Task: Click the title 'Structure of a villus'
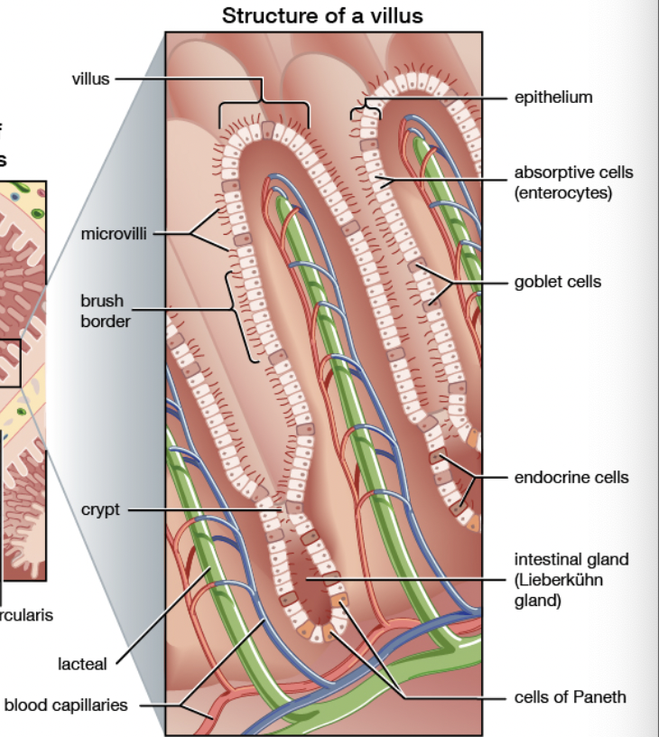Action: coord(322,15)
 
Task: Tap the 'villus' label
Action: coord(90,79)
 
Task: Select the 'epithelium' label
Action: coord(553,97)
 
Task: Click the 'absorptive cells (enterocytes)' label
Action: coord(573,182)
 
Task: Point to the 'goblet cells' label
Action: coord(557,282)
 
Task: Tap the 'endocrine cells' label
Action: coord(571,477)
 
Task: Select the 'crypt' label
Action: coord(100,509)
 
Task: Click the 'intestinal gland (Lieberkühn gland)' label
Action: coord(571,579)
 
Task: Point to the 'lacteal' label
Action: coord(83,664)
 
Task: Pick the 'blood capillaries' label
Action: coord(65,705)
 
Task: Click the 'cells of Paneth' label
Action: coord(570,696)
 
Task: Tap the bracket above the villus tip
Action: coord(264,106)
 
